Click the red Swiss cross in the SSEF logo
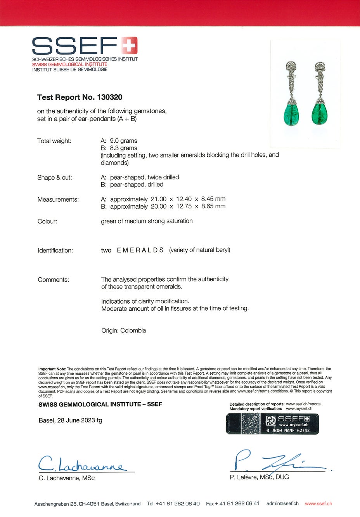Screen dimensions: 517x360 pos(130,45)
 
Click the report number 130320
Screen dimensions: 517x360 pos(110,97)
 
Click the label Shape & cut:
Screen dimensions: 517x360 pos(55,178)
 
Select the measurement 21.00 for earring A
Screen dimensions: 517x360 pos(158,199)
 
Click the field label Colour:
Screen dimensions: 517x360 pos(47,221)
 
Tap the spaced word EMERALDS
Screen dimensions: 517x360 pos(140,250)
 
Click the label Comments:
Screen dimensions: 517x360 pos(54,280)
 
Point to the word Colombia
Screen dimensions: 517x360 pos(133,330)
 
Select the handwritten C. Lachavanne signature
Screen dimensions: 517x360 pos(81,464)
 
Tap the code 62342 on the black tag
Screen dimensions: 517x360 pos(303,431)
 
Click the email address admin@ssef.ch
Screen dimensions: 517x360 pos(282,503)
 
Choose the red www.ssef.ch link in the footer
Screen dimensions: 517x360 pos(318,503)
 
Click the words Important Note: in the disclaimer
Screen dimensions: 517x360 pos(52,369)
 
